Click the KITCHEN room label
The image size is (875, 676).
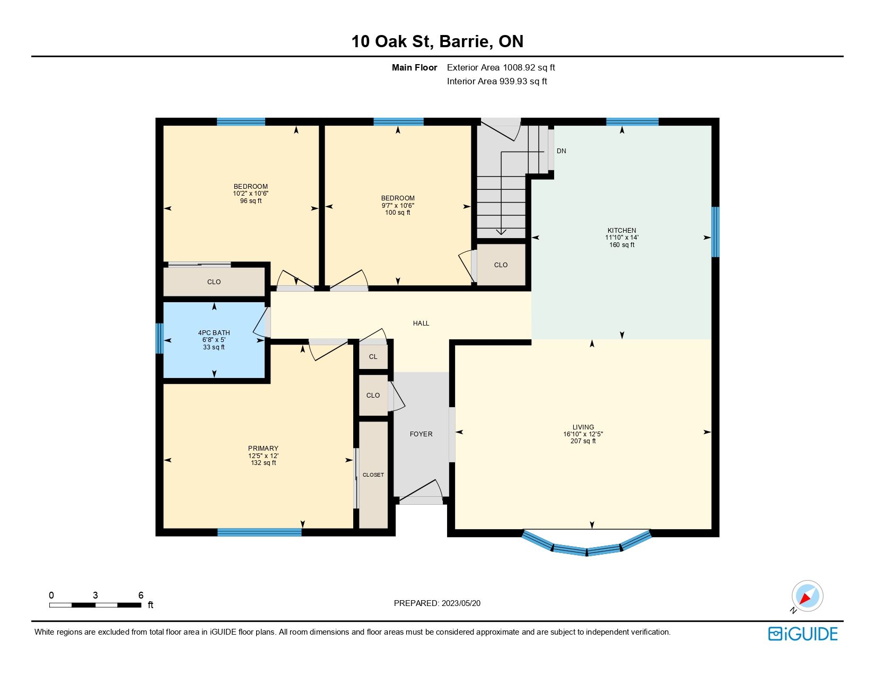click(x=622, y=230)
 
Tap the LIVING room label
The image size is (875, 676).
click(x=583, y=427)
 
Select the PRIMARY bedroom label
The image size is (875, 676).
click(x=263, y=448)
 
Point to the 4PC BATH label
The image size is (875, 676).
click(x=214, y=332)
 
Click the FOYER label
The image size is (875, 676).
click(x=421, y=434)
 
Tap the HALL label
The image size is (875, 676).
click(x=421, y=323)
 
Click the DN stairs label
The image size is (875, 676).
click(x=561, y=151)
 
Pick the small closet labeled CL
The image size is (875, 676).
click(x=373, y=357)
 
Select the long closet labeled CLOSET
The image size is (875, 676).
click(x=373, y=475)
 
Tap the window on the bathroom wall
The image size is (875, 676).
click(x=160, y=339)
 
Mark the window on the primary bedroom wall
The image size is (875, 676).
click(x=259, y=532)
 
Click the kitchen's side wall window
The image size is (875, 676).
click(x=715, y=232)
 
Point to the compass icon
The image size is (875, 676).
click(x=807, y=596)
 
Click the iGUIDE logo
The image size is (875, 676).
click(x=802, y=634)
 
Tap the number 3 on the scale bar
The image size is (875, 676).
click(x=95, y=595)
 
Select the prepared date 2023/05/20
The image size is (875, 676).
click(x=461, y=603)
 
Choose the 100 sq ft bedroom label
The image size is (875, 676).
click(x=397, y=205)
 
